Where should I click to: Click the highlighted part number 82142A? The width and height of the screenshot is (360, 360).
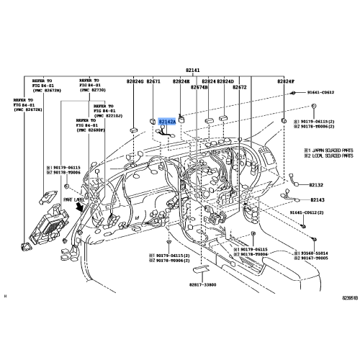166,122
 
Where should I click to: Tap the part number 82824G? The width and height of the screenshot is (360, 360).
135,82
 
